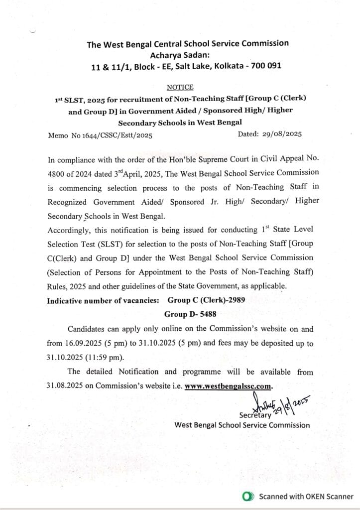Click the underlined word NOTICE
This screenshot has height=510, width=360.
(x=180, y=87)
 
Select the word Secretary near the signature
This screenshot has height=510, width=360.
(x=255, y=414)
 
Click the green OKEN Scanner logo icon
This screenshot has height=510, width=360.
(x=245, y=497)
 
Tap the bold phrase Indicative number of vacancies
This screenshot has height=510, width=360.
(x=104, y=300)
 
